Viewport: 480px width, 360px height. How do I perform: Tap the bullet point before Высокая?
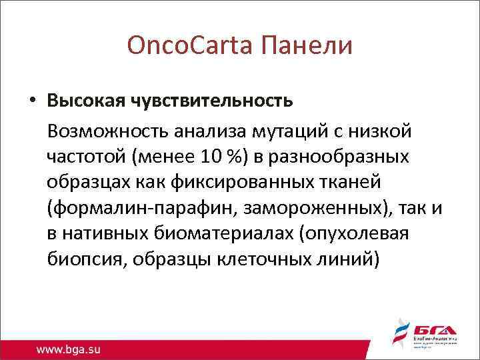coord(32,101)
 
